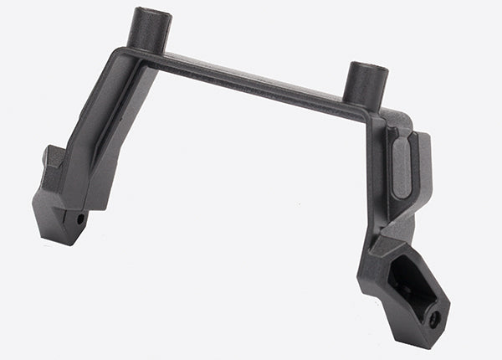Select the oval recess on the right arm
point(402,167)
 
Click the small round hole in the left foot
point(80,219)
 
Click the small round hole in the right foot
point(433,320)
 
